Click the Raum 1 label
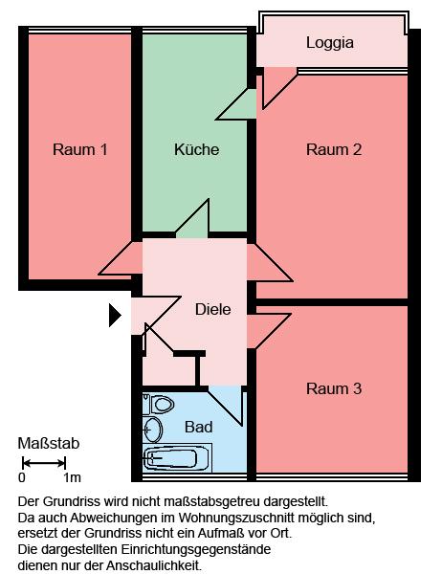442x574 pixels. (x=79, y=150)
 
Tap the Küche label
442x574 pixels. (x=197, y=149)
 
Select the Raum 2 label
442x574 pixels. (x=334, y=150)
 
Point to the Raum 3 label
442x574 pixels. (x=334, y=388)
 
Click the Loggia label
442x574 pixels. (x=330, y=43)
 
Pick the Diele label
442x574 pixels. (x=212, y=310)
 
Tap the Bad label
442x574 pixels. (x=198, y=428)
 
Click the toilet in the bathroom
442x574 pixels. (x=159, y=405)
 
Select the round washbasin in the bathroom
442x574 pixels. (x=152, y=430)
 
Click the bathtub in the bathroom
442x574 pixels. (x=177, y=457)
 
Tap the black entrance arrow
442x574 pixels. (x=115, y=315)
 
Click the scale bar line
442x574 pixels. (x=44, y=463)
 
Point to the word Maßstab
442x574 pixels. (x=49, y=444)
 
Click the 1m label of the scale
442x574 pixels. (x=72, y=477)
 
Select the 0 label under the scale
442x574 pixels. (x=22, y=477)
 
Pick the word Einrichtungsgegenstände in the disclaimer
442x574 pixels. (x=196, y=550)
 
